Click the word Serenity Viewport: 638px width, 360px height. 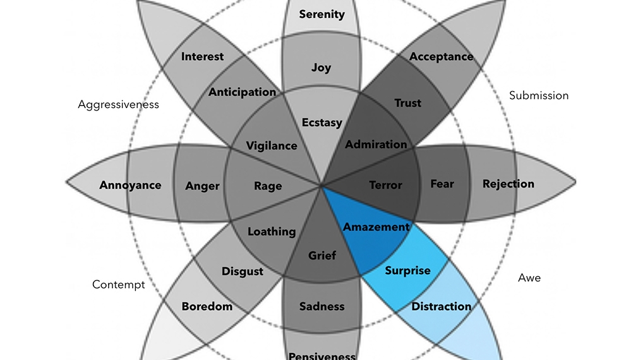pos(322,14)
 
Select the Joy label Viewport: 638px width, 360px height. pos(321,68)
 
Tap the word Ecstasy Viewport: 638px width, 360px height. pos(322,123)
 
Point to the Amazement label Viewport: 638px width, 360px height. pos(376,227)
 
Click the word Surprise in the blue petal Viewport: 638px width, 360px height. pos(407,270)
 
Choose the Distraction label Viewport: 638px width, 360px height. pos(441,306)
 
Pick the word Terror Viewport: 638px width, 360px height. pos(385,185)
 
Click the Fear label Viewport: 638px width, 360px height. pos(442,184)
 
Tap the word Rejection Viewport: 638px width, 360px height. pos(508,184)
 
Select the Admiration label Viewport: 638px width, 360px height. pos(376,144)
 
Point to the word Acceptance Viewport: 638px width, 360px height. pos(441,56)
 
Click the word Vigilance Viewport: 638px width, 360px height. pos(272,146)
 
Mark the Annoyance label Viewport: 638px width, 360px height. pos(130,185)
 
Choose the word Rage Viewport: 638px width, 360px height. pos(268,186)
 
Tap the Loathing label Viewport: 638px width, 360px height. pos(272,232)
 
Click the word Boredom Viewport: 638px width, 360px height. pos(207,307)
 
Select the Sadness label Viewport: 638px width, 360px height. pos(322,306)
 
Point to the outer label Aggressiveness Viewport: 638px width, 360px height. pos(118,104)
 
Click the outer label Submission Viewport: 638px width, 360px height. pos(539,95)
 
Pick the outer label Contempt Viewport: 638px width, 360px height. pos(119,284)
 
